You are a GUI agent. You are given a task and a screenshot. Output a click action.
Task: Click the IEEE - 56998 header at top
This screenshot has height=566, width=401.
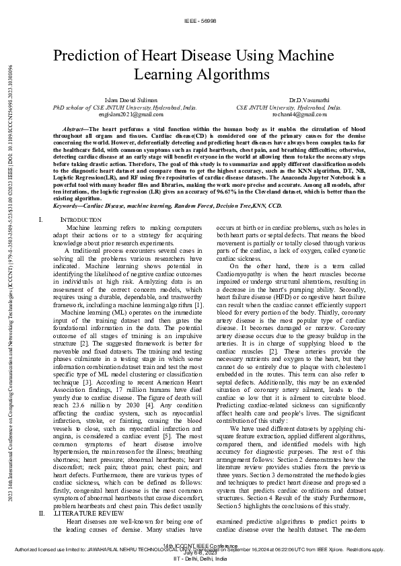point(200,22)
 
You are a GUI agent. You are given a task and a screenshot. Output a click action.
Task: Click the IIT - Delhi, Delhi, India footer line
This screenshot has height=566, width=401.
point(200,559)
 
